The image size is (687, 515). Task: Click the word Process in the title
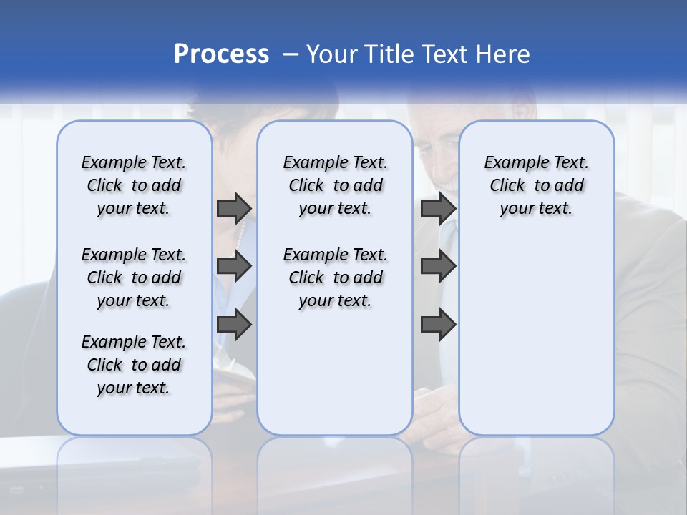point(221,54)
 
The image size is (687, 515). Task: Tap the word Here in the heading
point(503,54)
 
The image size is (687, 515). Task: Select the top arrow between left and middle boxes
point(234,208)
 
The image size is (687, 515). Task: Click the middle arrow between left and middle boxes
point(234,267)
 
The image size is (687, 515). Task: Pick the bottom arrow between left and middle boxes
point(234,324)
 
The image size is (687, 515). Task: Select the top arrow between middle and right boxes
point(438,208)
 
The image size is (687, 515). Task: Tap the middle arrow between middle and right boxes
point(438,267)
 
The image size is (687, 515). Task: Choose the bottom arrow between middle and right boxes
point(438,324)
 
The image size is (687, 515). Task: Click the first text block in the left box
point(134,185)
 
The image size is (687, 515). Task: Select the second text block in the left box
point(134,278)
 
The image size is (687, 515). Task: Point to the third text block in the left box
point(134,365)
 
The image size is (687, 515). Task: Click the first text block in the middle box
point(335,185)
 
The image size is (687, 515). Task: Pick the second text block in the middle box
point(335,278)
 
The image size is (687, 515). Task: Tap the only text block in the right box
point(536,185)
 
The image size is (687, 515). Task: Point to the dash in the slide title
point(291,54)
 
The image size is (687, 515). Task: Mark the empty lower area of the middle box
point(335,372)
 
